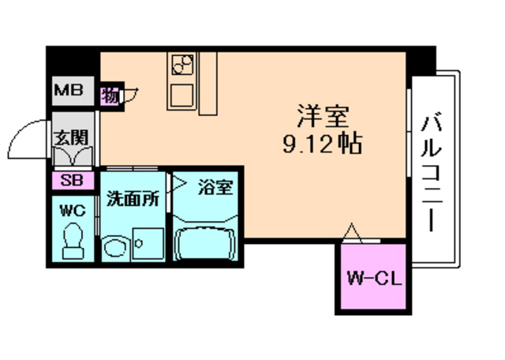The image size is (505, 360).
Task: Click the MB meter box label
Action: click(x=69, y=90)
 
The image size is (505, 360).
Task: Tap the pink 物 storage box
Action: click(x=110, y=96)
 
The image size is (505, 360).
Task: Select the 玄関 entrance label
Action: click(x=71, y=137)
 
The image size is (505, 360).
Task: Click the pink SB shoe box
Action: click(x=73, y=180)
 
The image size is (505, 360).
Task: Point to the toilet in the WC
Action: click(x=73, y=241)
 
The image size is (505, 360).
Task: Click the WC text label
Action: click(x=73, y=211)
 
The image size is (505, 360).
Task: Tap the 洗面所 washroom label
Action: click(x=133, y=198)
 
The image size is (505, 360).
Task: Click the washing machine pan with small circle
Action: click(x=148, y=243)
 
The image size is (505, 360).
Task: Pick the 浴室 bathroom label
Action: click(x=215, y=188)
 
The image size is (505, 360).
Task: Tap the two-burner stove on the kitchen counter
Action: click(x=182, y=65)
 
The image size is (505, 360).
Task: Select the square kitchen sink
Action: click(x=181, y=96)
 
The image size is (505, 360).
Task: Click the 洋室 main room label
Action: click(x=323, y=116)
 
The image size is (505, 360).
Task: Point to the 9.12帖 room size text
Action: click(x=323, y=144)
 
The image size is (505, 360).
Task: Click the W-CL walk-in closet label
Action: click(x=375, y=279)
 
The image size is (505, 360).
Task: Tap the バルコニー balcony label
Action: click(x=431, y=173)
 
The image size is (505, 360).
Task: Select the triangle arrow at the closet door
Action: click(x=351, y=231)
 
